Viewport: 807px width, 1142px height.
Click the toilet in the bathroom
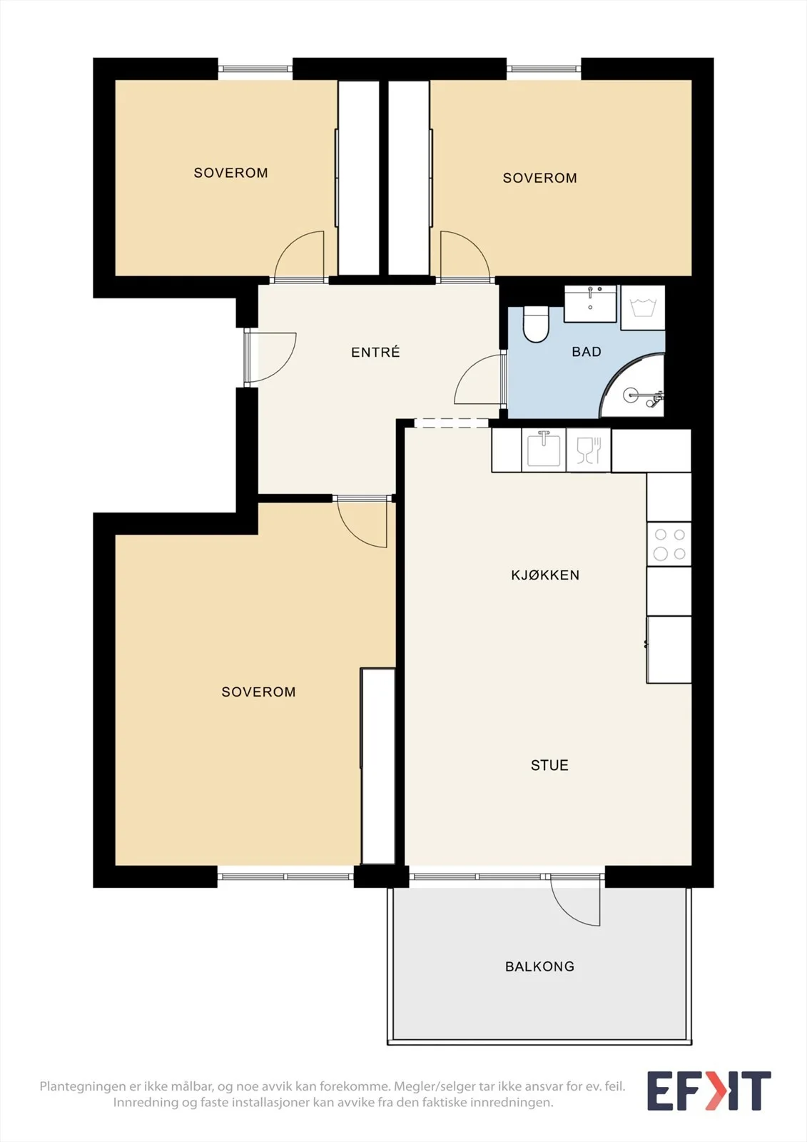click(x=535, y=323)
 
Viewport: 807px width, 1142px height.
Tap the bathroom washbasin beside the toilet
click(x=590, y=303)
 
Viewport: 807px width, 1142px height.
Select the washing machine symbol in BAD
click(x=643, y=308)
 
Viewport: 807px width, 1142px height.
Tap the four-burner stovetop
click(x=669, y=544)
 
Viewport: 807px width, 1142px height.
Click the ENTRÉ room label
click(x=375, y=352)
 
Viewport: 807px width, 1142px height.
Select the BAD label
click(x=587, y=352)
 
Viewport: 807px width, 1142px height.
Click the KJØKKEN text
click(x=545, y=575)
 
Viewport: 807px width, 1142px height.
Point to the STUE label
click(x=549, y=765)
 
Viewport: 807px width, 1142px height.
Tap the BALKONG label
click(x=539, y=966)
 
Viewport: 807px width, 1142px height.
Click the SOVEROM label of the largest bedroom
click(x=258, y=692)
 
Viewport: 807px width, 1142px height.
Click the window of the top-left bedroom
click(x=255, y=69)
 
